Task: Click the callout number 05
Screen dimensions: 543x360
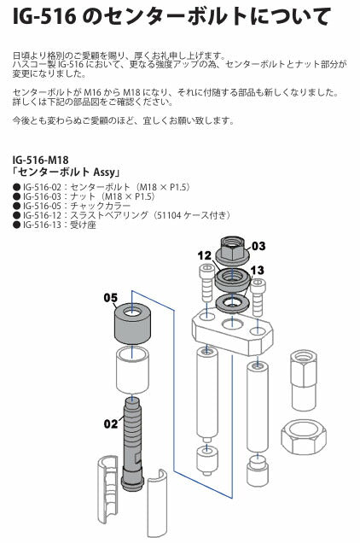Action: (110, 299)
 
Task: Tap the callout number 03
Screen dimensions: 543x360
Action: (258, 246)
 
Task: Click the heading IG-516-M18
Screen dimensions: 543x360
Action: (41, 159)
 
